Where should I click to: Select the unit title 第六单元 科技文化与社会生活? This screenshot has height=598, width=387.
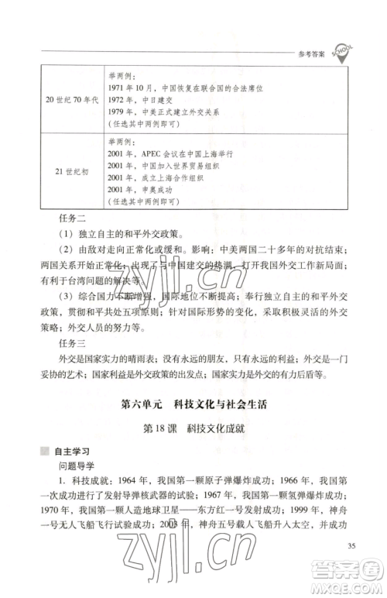(193, 406)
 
